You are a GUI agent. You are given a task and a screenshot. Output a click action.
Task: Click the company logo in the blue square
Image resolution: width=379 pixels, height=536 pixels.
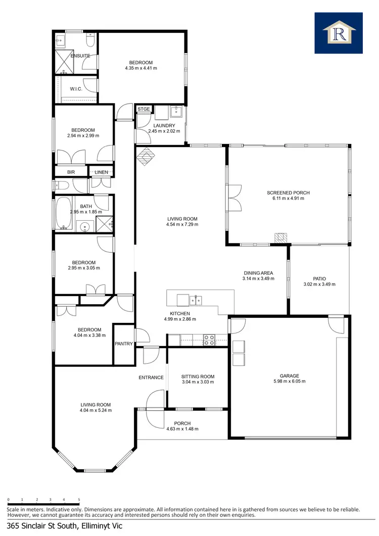(338, 33)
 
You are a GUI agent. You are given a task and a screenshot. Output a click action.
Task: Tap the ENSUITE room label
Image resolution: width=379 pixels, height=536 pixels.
(80, 56)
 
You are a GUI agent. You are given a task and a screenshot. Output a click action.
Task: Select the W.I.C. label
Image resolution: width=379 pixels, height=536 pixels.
(76, 89)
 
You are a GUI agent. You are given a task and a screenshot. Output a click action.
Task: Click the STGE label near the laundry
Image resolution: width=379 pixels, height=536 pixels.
(144, 109)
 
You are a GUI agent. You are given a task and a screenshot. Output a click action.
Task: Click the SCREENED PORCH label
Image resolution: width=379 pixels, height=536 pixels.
(288, 192)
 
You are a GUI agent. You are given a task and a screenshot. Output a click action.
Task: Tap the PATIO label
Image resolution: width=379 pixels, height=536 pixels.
(319, 278)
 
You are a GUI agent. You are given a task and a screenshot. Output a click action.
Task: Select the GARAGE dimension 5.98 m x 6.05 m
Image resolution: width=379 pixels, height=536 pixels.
(290, 381)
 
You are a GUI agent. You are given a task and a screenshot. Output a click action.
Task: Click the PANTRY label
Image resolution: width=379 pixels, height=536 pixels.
(124, 344)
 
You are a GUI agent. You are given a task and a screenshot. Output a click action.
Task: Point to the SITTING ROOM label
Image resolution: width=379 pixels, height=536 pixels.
(198, 376)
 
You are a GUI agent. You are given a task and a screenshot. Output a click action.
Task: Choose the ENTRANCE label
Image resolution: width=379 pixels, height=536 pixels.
(151, 377)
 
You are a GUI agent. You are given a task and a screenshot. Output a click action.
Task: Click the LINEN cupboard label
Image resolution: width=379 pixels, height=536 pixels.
(101, 172)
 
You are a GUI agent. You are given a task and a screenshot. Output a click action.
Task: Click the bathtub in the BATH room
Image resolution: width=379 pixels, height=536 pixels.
(64, 212)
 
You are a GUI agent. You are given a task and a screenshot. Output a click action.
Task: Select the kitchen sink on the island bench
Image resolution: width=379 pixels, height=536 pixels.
(196, 300)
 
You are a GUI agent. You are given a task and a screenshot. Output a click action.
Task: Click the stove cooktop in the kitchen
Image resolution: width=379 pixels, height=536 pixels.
(208, 340)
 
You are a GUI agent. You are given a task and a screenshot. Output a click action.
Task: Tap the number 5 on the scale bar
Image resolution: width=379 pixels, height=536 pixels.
(79, 500)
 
